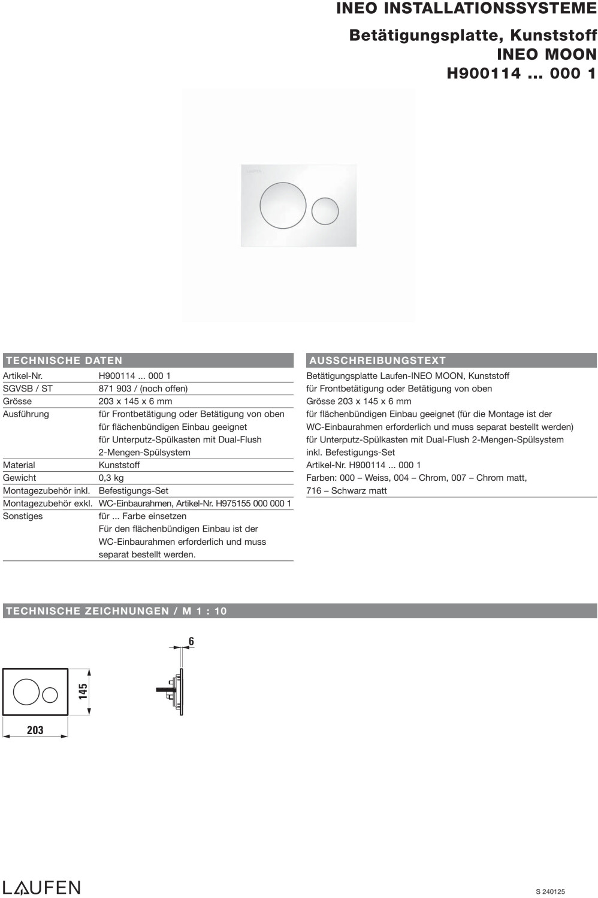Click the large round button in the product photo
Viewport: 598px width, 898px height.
[283, 205]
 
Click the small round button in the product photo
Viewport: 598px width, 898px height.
[325, 211]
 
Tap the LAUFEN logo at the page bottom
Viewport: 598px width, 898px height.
[41, 887]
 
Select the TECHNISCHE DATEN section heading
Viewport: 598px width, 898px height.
[64, 360]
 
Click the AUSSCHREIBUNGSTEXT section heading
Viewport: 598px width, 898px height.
[377, 360]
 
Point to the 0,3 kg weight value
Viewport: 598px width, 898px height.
[111, 478]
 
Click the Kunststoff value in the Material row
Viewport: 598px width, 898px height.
[119, 465]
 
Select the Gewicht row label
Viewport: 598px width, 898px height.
[20, 478]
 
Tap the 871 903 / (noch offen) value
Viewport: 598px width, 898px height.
[143, 389]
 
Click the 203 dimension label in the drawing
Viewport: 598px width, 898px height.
[35, 730]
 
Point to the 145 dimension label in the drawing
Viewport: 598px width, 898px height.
[83, 691]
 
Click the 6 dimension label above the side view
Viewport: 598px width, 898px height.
[191, 642]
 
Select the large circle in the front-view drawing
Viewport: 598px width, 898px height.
[26, 693]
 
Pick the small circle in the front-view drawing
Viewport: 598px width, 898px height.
[50, 694]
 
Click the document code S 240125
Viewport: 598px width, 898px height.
[550, 891]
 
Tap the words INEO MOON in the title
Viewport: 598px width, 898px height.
[546, 54]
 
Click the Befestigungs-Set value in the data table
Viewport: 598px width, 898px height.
[134, 490]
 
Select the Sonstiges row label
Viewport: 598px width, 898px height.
[23, 516]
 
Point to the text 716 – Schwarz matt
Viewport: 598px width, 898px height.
[346, 491]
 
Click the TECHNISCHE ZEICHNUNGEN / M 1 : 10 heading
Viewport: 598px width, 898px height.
[116, 611]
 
